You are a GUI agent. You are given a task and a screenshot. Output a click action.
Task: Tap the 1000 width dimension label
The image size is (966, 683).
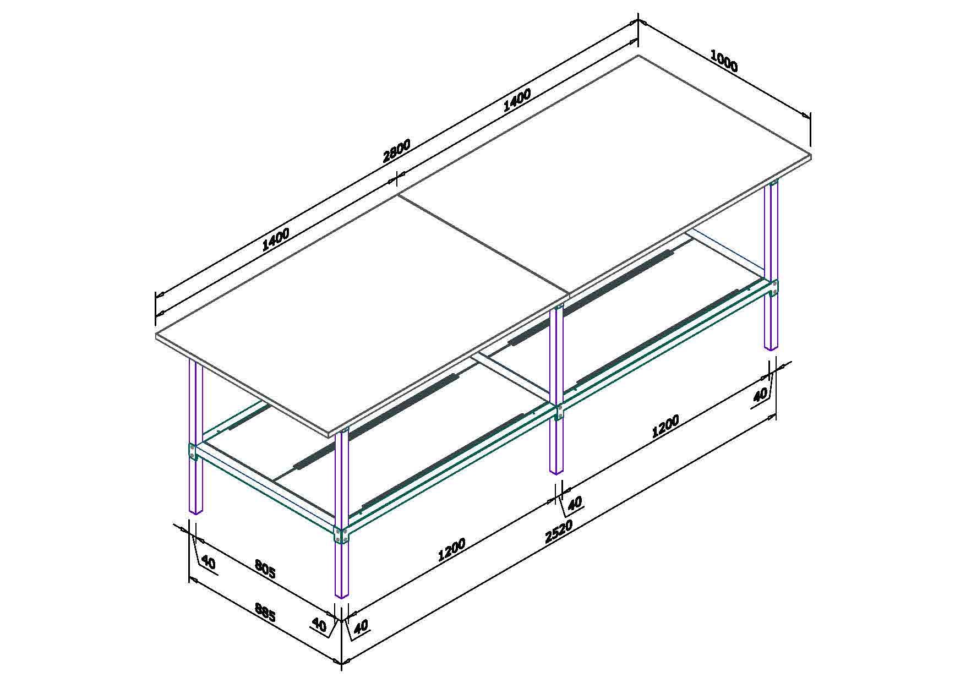724,61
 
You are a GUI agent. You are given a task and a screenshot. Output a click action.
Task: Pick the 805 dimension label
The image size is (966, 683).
265,569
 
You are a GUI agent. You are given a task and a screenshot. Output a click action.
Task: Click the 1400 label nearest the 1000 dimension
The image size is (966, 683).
517,99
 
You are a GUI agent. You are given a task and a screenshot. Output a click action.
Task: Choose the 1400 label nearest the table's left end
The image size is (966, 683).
275,239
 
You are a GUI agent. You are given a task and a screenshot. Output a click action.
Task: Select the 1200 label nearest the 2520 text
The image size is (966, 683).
451,549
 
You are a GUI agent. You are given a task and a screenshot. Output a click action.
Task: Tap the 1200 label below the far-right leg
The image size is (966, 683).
665,427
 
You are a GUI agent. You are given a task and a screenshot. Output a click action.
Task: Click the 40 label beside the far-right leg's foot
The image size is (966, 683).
760,395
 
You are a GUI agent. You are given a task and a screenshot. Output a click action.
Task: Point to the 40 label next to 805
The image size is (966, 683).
208,562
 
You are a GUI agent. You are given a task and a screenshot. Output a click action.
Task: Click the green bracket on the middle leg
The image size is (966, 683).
559,412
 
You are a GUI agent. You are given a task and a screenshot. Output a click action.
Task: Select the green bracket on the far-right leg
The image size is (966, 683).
774,288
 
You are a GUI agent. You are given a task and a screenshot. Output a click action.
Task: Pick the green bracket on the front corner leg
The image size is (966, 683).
341,534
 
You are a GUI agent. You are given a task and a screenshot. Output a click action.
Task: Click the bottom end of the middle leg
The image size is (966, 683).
556,472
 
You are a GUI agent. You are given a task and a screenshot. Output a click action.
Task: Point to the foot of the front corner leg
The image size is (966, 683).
342,595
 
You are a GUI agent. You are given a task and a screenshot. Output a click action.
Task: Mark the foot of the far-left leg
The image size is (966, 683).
196,511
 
